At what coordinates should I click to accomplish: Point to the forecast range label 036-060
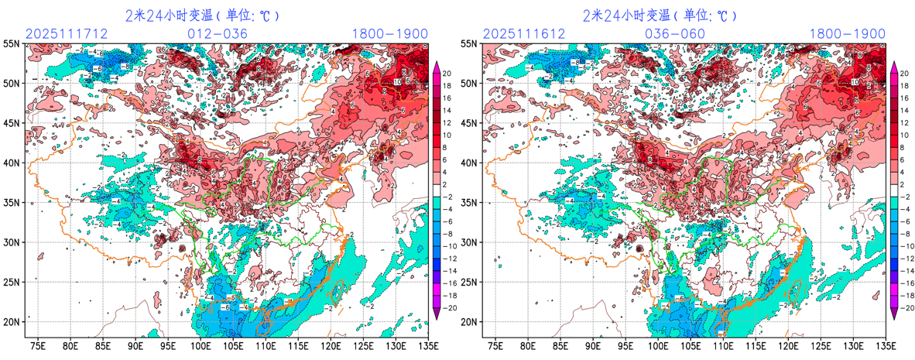coord(675,34)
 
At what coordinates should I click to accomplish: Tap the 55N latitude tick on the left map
coord(12,44)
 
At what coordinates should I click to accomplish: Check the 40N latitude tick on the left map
coord(12,163)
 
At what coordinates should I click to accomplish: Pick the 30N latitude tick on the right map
coord(469,242)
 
